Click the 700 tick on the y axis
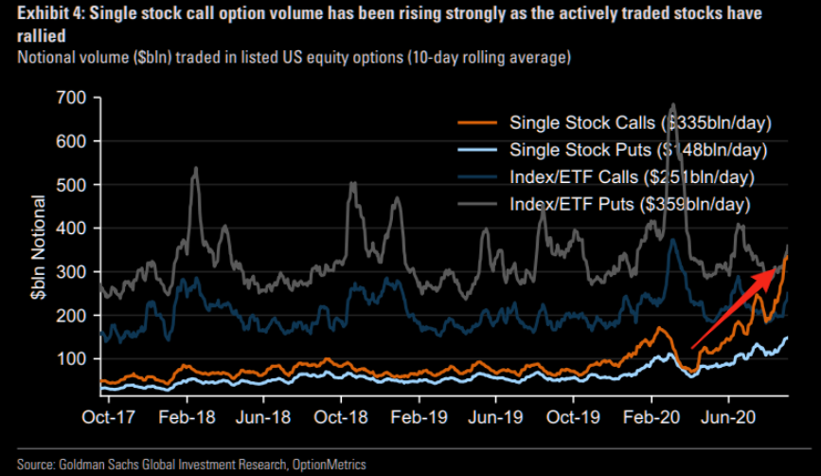(x=72, y=98)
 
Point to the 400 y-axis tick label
(x=72, y=229)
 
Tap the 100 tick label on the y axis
(x=72, y=359)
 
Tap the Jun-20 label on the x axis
(x=729, y=416)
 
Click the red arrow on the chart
(x=735, y=308)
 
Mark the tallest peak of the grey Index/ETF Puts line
(x=673, y=104)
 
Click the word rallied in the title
(x=28, y=36)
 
